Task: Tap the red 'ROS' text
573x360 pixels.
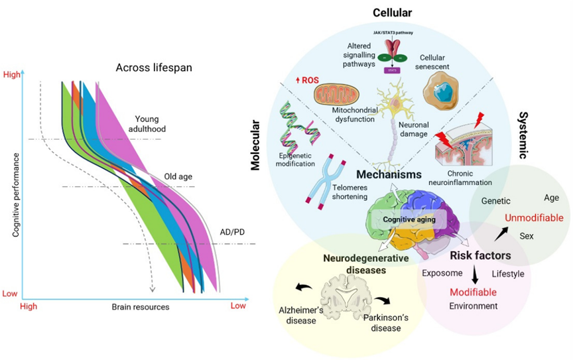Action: pyautogui.click(x=306, y=81)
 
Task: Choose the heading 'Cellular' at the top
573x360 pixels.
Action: pyautogui.click(x=392, y=12)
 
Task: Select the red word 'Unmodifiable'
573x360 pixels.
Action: pyautogui.click(x=534, y=218)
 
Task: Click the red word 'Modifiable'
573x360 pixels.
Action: pyautogui.click(x=473, y=292)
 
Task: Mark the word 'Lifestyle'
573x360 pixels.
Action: pyautogui.click(x=507, y=273)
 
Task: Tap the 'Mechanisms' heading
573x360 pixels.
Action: pyautogui.click(x=389, y=175)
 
